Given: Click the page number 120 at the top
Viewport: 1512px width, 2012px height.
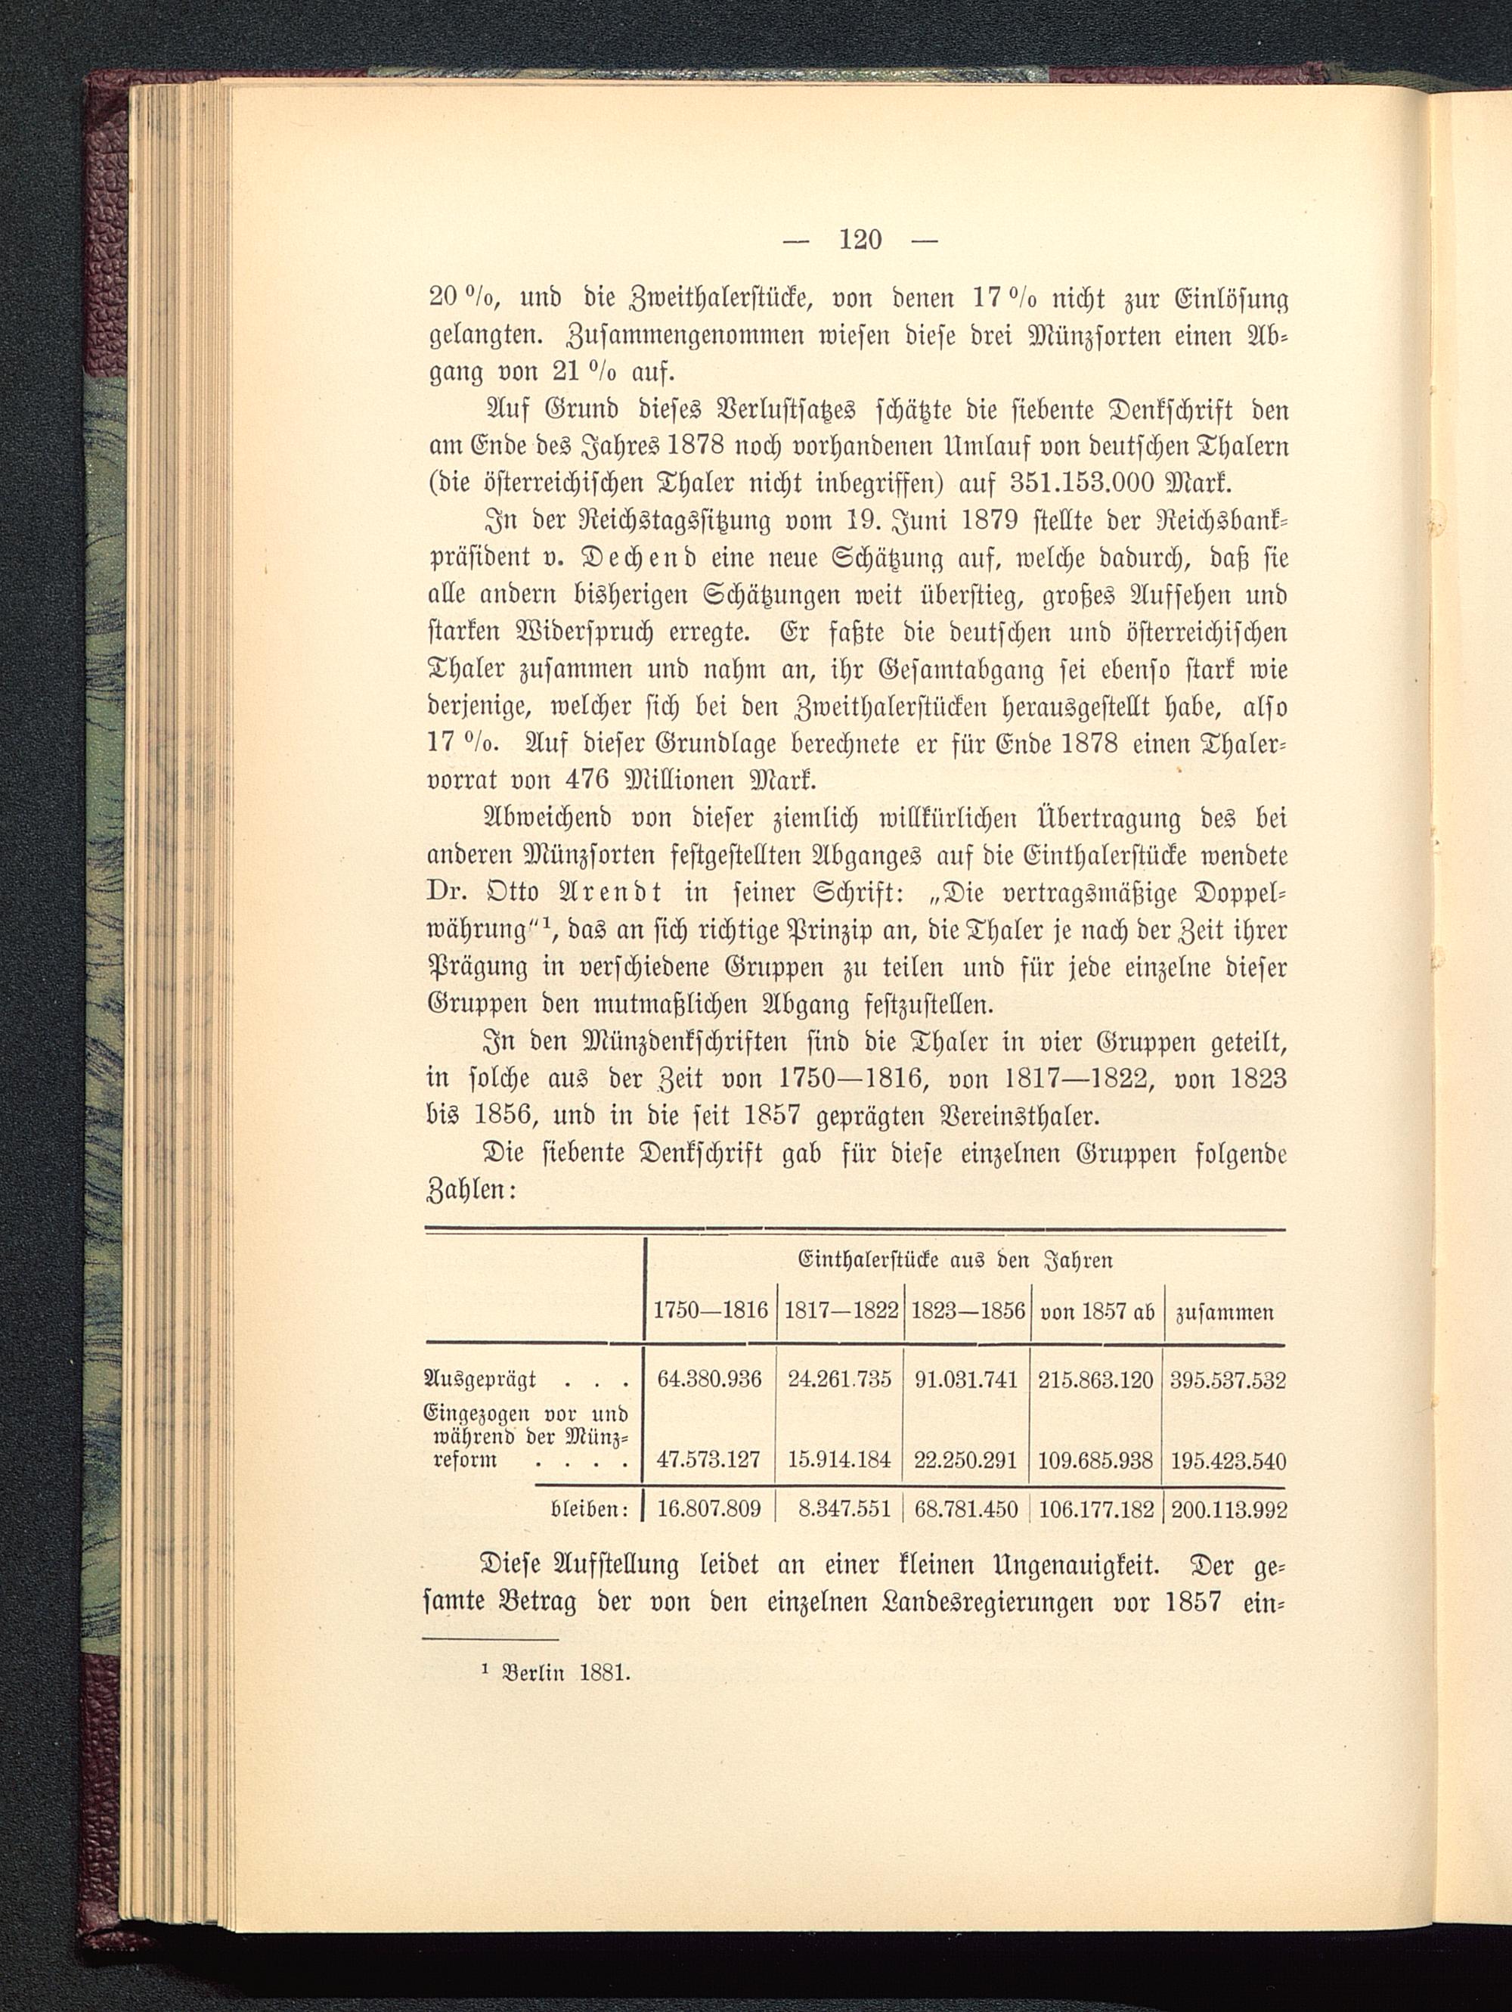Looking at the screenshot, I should tap(860, 239).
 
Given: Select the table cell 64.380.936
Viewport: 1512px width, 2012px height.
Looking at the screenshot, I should tap(710, 1380).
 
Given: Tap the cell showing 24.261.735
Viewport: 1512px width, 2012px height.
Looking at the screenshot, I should tap(840, 1380).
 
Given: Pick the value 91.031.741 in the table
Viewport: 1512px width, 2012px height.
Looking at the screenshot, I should tap(968, 1380).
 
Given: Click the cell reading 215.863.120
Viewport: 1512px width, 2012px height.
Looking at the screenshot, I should tap(1096, 1380).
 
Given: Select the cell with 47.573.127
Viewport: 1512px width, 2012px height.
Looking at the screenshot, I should tap(710, 1461).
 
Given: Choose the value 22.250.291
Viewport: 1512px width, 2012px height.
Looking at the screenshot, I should tap(968, 1461).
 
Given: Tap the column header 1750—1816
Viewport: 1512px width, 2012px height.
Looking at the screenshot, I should tap(710, 1312).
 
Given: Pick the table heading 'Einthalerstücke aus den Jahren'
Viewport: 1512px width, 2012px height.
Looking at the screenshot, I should tap(955, 1261).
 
